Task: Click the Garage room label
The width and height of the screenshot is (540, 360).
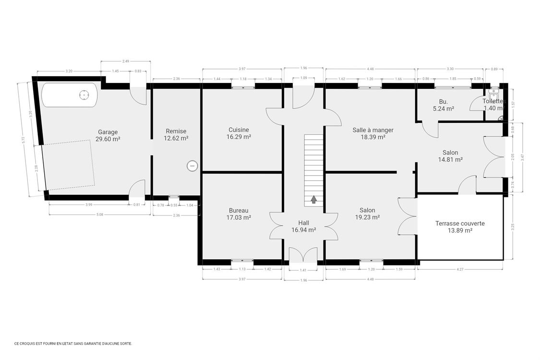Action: [x=108, y=135]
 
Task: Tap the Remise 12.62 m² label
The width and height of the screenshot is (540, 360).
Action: [x=176, y=134]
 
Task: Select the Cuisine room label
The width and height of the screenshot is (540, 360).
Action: [x=239, y=133]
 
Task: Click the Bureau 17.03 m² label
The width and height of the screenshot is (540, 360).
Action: [x=239, y=214]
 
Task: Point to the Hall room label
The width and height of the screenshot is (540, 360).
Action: [x=303, y=226]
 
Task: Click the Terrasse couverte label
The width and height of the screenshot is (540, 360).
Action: [x=459, y=227]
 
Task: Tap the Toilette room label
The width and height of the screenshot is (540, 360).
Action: [x=492, y=105]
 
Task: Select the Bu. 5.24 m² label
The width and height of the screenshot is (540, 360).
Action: [x=443, y=105]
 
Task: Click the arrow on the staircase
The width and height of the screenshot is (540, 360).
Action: [x=314, y=199]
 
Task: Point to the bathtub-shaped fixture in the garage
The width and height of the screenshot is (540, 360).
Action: [x=70, y=95]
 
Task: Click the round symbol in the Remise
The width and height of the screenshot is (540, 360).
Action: [x=192, y=166]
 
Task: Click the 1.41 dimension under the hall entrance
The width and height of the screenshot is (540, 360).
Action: [x=303, y=270]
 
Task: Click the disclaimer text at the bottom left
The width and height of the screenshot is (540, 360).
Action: [x=73, y=343]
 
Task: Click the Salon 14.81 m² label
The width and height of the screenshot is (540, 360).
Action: [x=452, y=156]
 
